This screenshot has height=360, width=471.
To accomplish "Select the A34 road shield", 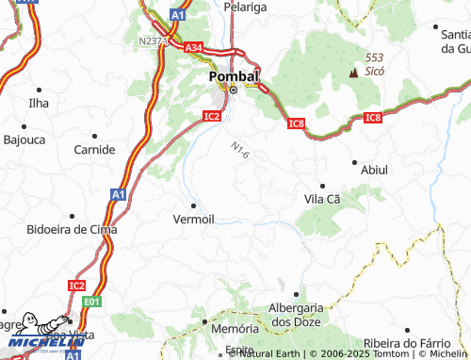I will click(x=194, y=47).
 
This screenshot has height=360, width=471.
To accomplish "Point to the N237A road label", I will click(x=153, y=41).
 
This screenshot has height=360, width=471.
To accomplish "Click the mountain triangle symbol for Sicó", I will click(x=354, y=71).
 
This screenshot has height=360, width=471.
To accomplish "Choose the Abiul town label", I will click(x=374, y=170).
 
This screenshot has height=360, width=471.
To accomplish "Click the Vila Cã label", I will click(x=322, y=199).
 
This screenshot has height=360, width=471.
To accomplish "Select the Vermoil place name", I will click(x=194, y=219).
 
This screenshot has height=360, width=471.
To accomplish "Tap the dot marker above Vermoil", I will click(x=194, y=205).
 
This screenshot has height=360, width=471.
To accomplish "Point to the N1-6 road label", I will click(x=239, y=149).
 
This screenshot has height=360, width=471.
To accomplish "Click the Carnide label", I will click(x=95, y=149).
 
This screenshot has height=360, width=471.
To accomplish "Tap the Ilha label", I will click(x=38, y=103).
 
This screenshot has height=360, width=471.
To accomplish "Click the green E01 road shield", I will click(x=90, y=302).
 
